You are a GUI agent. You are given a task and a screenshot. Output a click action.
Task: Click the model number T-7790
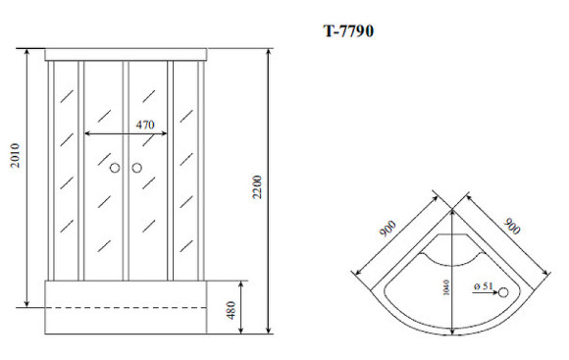348,30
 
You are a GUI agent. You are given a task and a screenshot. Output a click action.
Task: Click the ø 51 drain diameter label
482,286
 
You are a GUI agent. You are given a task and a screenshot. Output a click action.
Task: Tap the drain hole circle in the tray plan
504,291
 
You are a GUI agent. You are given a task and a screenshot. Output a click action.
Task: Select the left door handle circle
114,168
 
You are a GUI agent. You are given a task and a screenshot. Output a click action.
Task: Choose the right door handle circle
135,168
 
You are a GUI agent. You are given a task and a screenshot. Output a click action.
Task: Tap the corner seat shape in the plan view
450,251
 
